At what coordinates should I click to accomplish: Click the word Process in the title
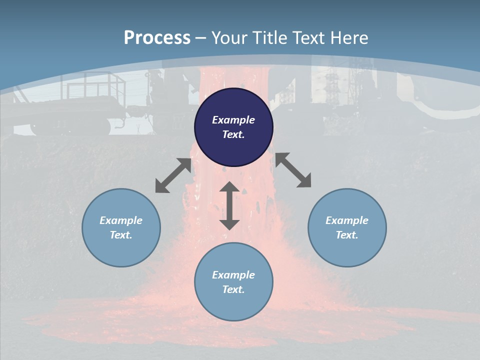(157, 38)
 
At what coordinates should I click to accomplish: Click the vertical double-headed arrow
(229, 206)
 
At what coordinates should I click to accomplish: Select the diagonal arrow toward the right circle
(293, 170)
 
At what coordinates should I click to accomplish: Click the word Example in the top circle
(233, 120)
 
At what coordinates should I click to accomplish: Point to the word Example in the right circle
(347, 220)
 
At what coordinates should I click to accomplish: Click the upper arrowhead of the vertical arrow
(229, 187)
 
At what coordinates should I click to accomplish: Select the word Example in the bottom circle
(233, 275)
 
